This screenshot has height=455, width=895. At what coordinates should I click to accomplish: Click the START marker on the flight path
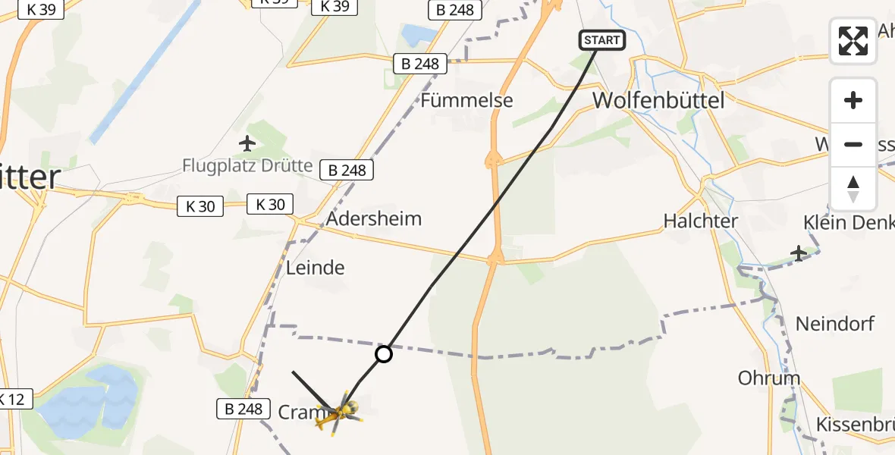[602, 40]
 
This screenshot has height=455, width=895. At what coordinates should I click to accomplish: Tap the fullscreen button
[853, 41]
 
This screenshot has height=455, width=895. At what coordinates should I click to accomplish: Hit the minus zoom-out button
[853, 144]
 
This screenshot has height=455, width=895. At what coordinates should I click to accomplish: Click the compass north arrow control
[853, 188]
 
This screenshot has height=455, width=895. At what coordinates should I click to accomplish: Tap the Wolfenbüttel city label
[658, 100]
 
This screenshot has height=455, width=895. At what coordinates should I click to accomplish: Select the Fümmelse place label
[467, 100]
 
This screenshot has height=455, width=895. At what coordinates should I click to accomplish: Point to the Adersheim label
[374, 219]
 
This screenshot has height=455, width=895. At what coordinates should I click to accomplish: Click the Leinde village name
[316, 267]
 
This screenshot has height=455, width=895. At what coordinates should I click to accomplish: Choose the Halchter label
[701, 221]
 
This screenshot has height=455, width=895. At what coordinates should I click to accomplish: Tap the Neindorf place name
[835, 324]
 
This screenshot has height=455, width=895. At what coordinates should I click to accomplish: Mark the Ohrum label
[769, 378]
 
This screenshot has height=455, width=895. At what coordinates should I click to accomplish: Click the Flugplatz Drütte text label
[247, 165]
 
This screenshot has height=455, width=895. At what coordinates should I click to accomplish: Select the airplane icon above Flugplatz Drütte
[247, 142]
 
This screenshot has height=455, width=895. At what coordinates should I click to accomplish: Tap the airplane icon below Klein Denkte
[799, 253]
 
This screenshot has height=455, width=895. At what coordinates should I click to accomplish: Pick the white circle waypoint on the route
[384, 353]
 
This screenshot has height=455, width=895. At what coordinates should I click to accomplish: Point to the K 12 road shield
[13, 398]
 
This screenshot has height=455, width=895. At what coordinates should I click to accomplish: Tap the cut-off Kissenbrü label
[855, 424]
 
